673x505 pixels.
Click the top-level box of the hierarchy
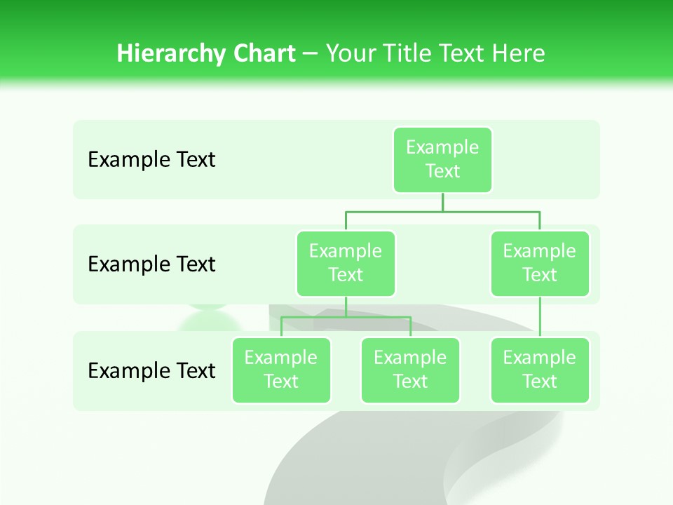click(442, 159)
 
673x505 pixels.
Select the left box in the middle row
click(346, 263)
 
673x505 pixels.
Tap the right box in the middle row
click(540, 263)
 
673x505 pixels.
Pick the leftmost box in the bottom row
click(281, 370)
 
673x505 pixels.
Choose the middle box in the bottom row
click(410, 370)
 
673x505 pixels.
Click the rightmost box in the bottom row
click(540, 370)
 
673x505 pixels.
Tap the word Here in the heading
click(519, 53)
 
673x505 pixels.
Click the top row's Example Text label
click(151, 160)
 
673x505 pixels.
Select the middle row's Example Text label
click(151, 264)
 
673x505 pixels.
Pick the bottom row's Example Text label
click(151, 370)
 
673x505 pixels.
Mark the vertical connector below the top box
click(442, 202)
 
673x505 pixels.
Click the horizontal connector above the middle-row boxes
click(442, 211)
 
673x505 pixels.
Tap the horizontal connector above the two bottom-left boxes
click(346, 317)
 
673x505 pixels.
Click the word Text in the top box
click(442, 171)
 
